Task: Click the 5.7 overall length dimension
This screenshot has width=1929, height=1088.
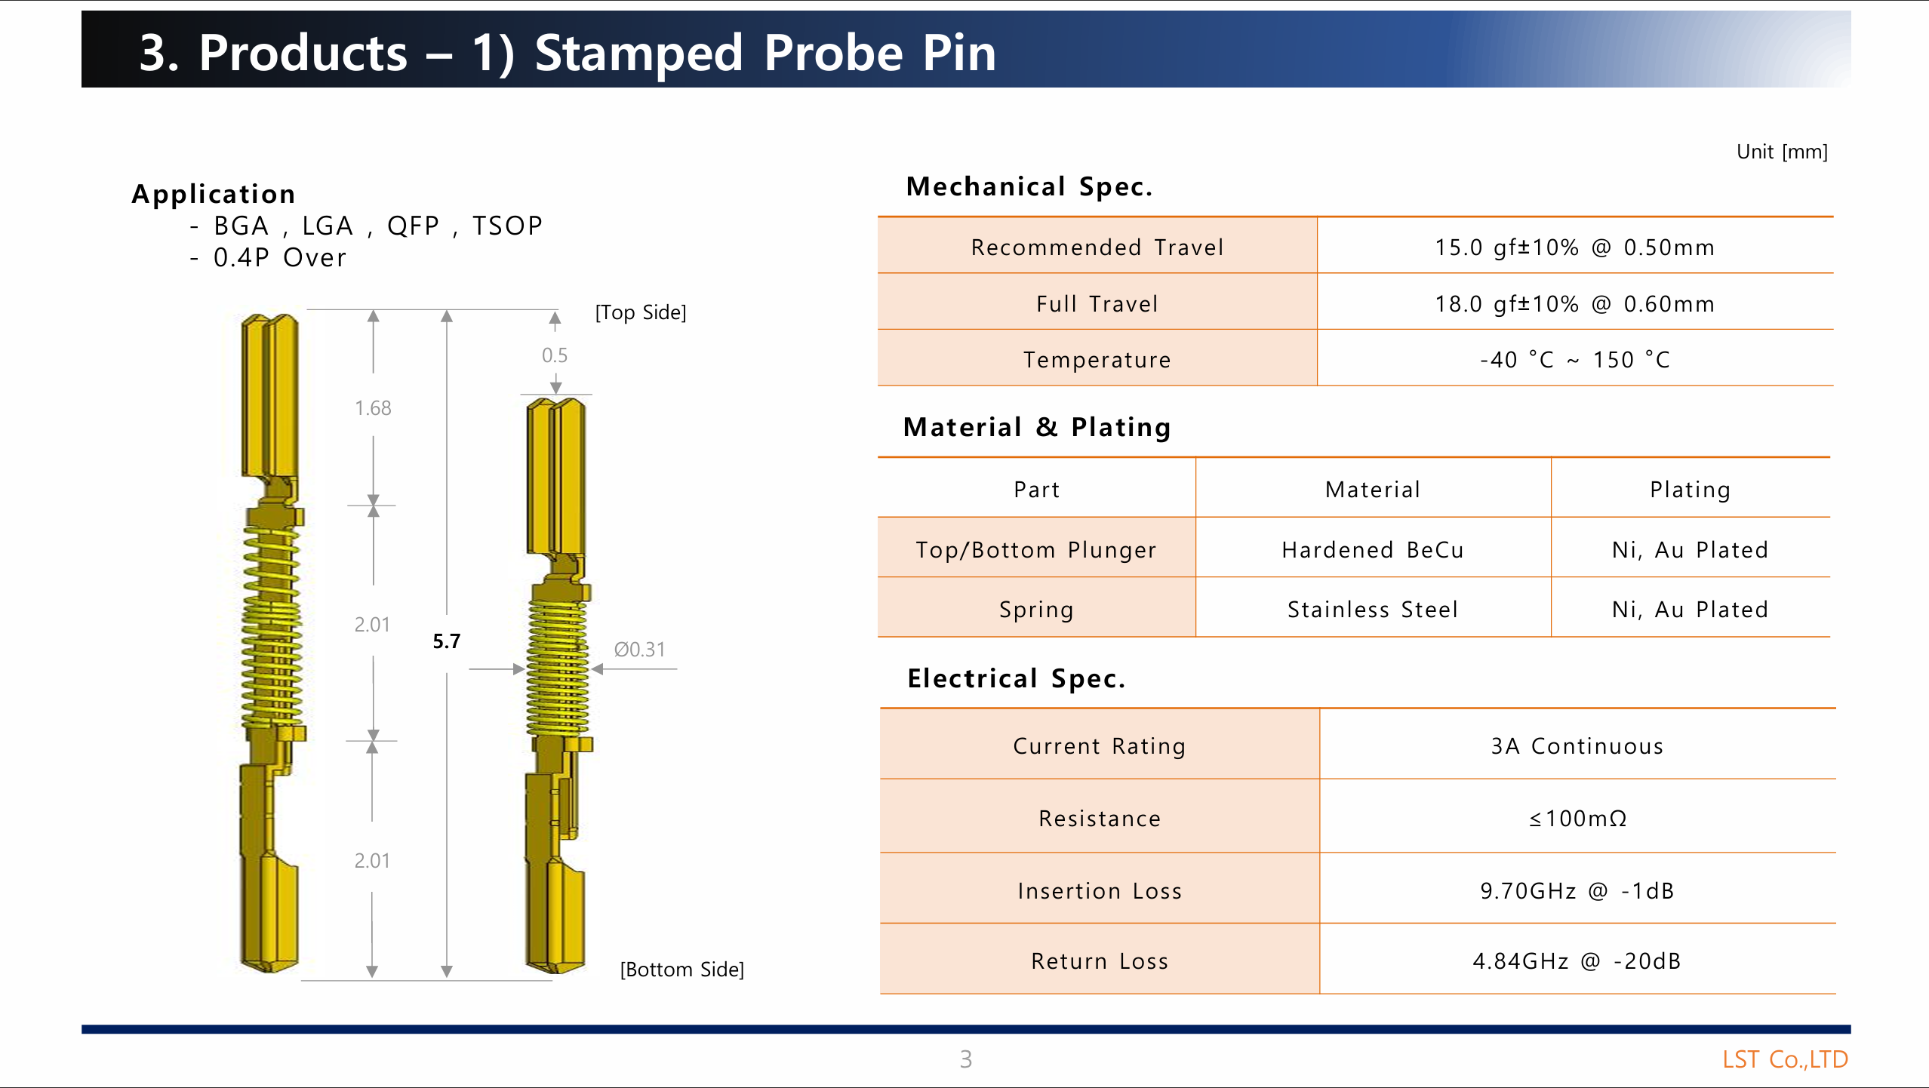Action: click(446, 641)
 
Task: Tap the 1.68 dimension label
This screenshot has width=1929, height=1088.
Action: click(373, 408)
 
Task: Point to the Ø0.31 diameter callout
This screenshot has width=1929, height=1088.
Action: click(639, 650)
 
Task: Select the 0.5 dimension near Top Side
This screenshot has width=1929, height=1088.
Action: click(555, 355)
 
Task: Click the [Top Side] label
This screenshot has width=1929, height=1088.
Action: click(641, 312)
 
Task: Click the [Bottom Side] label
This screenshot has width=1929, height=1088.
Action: click(681, 970)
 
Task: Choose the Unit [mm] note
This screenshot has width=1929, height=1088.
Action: click(1782, 152)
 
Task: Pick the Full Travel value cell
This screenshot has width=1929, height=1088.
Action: click(1574, 303)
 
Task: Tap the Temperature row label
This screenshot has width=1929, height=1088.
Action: click(1097, 360)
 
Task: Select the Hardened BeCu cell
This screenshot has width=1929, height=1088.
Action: click(1373, 549)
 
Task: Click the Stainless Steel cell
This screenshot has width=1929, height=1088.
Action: click(1373, 609)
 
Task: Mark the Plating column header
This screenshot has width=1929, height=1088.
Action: click(1690, 490)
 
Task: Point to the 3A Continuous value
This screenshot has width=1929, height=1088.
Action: click(1577, 746)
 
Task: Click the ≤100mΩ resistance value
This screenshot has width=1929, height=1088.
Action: click(1577, 819)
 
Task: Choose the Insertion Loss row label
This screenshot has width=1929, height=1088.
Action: click(1100, 891)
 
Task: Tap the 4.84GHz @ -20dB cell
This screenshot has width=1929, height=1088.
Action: click(1577, 961)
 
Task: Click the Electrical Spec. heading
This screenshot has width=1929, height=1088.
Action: click(1016, 678)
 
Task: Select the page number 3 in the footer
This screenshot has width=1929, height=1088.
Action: click(965, 1059)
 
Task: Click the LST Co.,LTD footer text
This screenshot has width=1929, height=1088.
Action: click(1785, 1059)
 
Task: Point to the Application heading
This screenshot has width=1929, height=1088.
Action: click(214, 194)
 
